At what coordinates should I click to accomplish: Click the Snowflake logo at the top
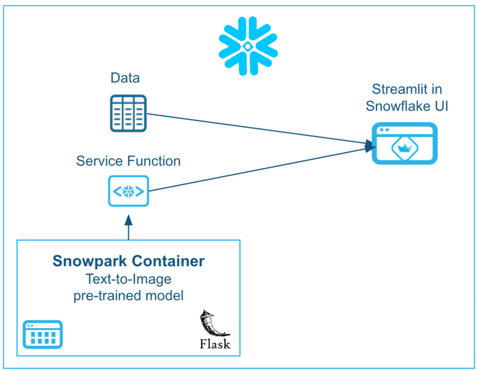248,46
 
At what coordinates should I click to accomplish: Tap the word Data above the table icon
125,78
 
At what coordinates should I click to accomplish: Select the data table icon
127,113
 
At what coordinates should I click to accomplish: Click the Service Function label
128,161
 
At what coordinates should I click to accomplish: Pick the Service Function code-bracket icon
128,191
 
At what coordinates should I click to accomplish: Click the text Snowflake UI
407,106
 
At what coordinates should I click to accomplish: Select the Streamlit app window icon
404,143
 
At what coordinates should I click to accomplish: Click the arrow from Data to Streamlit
257,128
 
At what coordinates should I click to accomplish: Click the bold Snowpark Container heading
128,261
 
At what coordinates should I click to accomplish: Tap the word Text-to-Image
128,279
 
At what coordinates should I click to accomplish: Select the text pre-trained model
128,296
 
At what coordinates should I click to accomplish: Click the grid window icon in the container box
42,334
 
